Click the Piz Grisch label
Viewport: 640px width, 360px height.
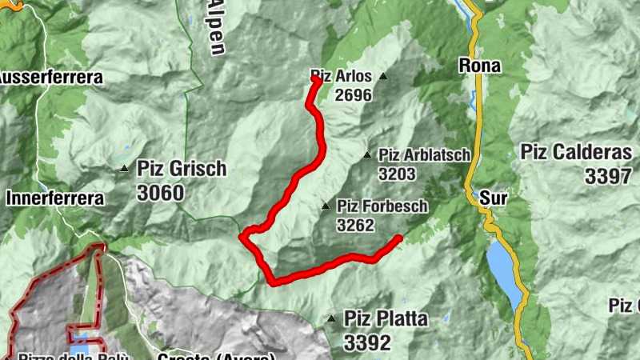pyautogui.click(x=182, y=169)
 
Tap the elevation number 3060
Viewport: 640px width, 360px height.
pyautogui.click(x=160, y=193)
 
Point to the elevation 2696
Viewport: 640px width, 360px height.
pyautogui.click(x=354, y=95)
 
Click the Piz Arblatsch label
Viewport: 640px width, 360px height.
pyautogui.click(x=425, y=155)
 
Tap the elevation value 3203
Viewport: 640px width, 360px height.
pyautogui.click(x=398, y=174)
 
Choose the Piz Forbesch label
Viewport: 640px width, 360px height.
pyautogui.click(x=382, y=206)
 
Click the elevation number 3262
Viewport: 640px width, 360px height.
pyautogui.click(x=355, y=226)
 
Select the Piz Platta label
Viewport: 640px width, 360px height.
pyautogui.click(x=386, y=319)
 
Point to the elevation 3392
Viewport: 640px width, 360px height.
pyautogui.click(x=368, y=343)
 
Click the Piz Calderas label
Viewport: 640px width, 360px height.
pyautogui.click(x=576, y=152)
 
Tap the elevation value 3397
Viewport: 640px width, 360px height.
pyautogui.click(x=608, y=176)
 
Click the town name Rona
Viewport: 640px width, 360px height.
pyautogui.click(x=480, y=66)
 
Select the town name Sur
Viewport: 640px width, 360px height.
pyautogui.click(x=490, y=195)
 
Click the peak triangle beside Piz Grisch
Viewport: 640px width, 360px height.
pyautogui.click(x=125, y=169)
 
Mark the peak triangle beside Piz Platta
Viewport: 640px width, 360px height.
pyautogui.click(x=331, y=319)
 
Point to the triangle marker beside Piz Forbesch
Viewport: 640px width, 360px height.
pyautogui.click(x=326, y=206)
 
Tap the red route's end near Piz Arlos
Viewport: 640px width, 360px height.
pyautogui.click(x=317, y=80)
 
